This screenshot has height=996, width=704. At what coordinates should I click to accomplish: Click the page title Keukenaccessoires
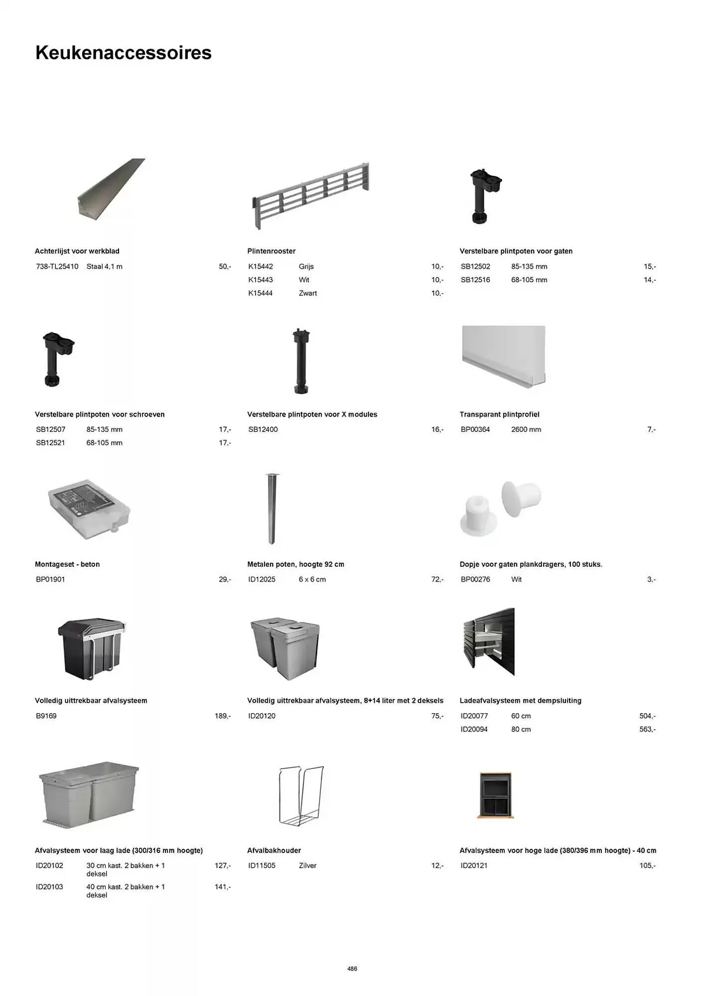point(123,53)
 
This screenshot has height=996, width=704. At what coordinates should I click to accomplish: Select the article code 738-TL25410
point(57,266)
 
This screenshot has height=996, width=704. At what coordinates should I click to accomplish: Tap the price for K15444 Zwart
point(437,293)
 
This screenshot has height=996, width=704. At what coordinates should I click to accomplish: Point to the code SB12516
point(475,280)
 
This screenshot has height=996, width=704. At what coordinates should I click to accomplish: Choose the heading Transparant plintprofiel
point(499,414)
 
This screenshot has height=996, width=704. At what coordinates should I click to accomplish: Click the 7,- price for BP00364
point(651,429)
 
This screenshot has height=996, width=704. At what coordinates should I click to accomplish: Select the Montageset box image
point(89,509)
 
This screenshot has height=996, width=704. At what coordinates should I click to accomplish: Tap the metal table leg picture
point(271,508)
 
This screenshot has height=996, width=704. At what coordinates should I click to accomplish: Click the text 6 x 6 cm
point(312,579)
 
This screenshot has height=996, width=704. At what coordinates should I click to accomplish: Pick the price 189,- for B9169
point(222,716)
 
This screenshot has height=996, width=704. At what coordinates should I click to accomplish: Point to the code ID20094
point(474,729)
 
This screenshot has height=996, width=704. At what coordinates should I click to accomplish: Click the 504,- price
point(647,716)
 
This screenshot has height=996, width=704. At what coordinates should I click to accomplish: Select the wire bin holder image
point(301,795)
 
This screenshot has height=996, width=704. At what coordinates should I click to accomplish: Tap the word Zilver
point(307,866)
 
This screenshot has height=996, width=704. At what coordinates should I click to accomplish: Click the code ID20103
point(49,887)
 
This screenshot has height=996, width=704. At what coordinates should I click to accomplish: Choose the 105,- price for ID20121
point(647,866)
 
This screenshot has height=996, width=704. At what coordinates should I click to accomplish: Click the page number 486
point(352,969)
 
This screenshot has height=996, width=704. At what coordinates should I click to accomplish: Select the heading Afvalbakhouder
point(274,851)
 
